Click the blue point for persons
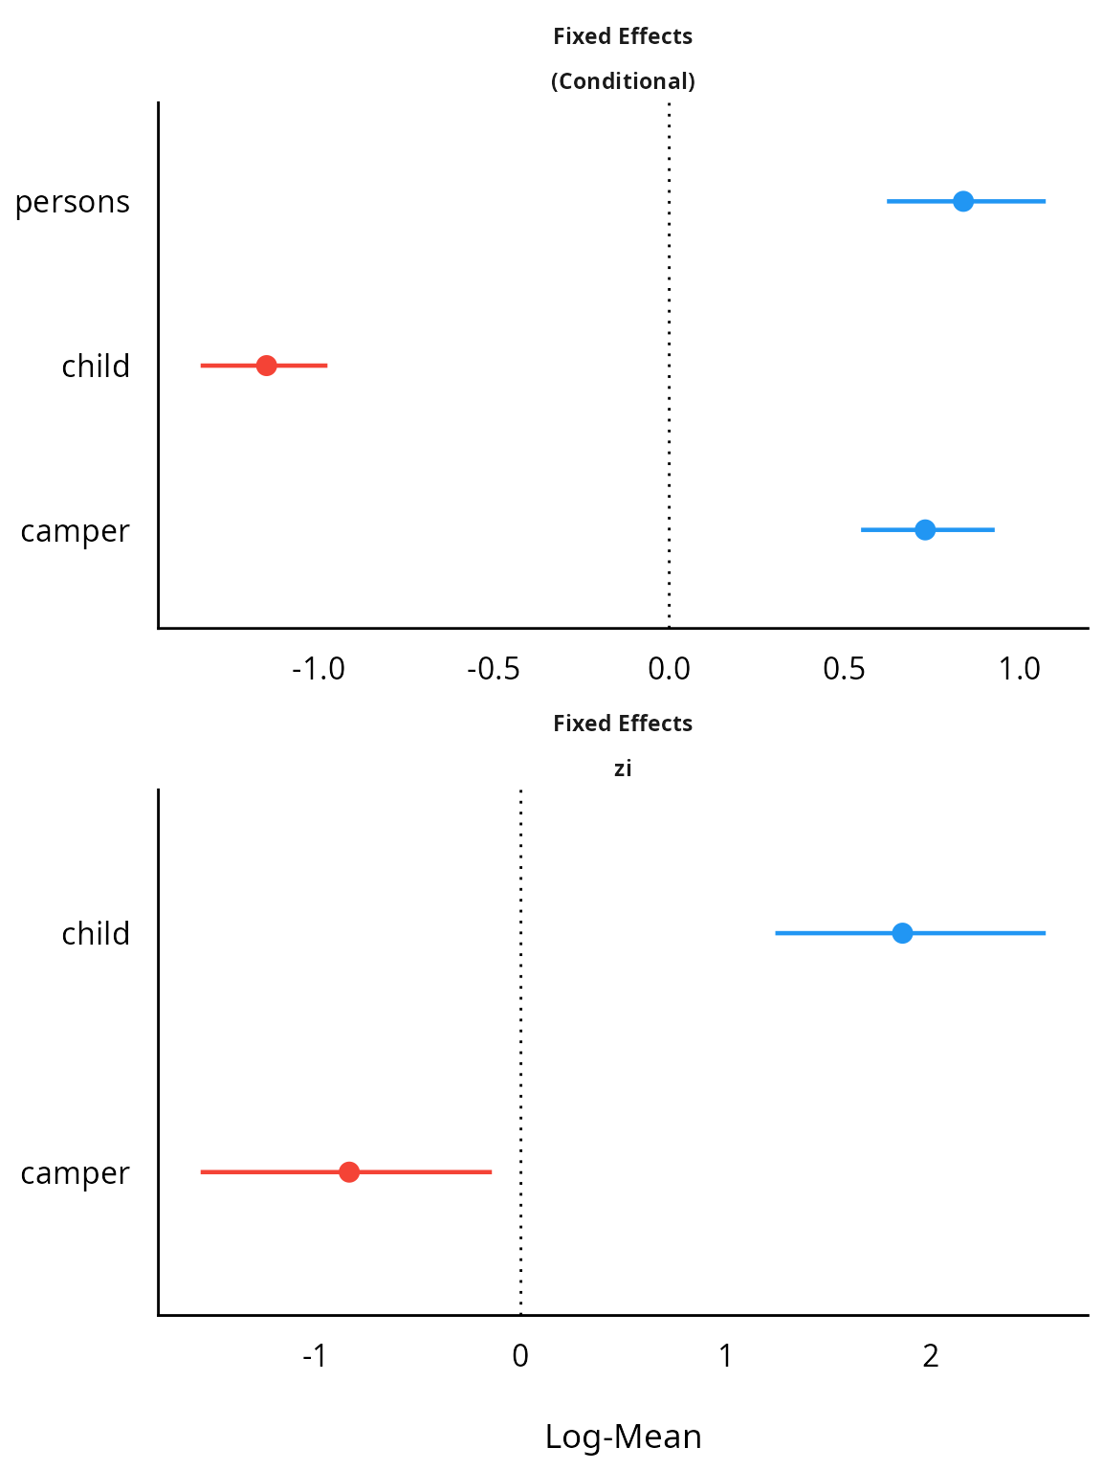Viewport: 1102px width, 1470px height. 962,201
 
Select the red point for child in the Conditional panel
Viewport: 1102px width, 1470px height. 266,366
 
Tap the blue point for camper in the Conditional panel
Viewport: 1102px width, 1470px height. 925,530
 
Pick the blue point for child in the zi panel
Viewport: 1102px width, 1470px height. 902,933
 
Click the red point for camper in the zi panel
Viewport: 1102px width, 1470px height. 348,1172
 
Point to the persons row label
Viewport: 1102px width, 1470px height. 73,202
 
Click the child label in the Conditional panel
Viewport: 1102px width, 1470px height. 96,367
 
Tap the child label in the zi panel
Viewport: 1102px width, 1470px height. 96,933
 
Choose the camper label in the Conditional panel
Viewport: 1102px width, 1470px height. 75,532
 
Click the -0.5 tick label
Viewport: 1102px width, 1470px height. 493,669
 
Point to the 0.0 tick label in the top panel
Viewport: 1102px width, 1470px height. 669,669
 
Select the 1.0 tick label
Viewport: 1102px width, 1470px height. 1020,669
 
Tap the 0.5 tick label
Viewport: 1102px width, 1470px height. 845,669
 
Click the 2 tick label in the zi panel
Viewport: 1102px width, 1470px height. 931,1356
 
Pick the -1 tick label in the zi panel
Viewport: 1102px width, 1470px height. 315,1356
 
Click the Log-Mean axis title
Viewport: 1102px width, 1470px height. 623,1437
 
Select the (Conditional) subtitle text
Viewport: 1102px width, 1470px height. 623,81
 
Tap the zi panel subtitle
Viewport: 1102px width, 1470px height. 623,768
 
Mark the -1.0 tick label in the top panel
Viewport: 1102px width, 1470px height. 319,669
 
